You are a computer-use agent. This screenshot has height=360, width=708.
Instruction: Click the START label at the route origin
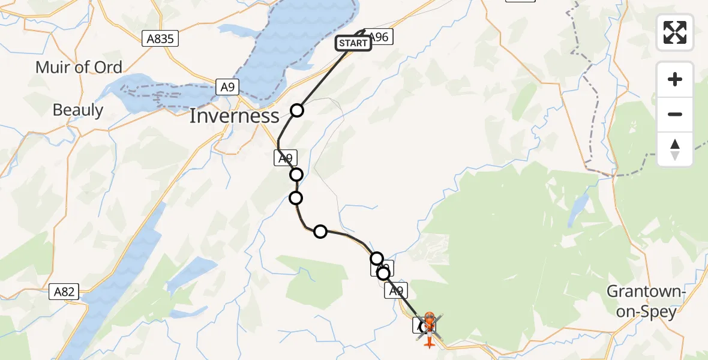(x=353, y=43)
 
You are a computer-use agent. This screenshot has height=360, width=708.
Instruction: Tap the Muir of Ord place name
(x=79, y=67)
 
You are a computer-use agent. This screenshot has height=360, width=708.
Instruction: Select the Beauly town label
(x=78, y=110)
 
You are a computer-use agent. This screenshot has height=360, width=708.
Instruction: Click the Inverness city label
(x=235, y=116)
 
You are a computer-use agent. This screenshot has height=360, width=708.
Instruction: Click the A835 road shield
(x=161, y=39)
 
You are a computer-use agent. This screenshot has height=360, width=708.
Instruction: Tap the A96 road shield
(x=379, y=37)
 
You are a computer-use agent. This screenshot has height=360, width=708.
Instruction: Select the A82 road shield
(x=64, y=292)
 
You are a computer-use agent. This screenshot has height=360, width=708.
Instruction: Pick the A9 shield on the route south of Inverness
(x=286, y=158)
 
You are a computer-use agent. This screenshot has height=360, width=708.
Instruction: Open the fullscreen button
(x=675, y=32)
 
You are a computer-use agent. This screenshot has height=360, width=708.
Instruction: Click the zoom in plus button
(x=675, y=79)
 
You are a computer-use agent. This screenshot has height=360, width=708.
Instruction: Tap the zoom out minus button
(x=675, y=114)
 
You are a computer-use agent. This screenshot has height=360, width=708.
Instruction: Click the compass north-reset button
(x=675, y=149)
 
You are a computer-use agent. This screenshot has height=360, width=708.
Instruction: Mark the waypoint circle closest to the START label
(x=297, y=110)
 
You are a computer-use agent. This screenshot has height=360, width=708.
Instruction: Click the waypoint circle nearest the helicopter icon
(x=383, y=274)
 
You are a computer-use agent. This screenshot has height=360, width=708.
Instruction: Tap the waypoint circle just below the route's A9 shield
(x=296, y=175)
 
